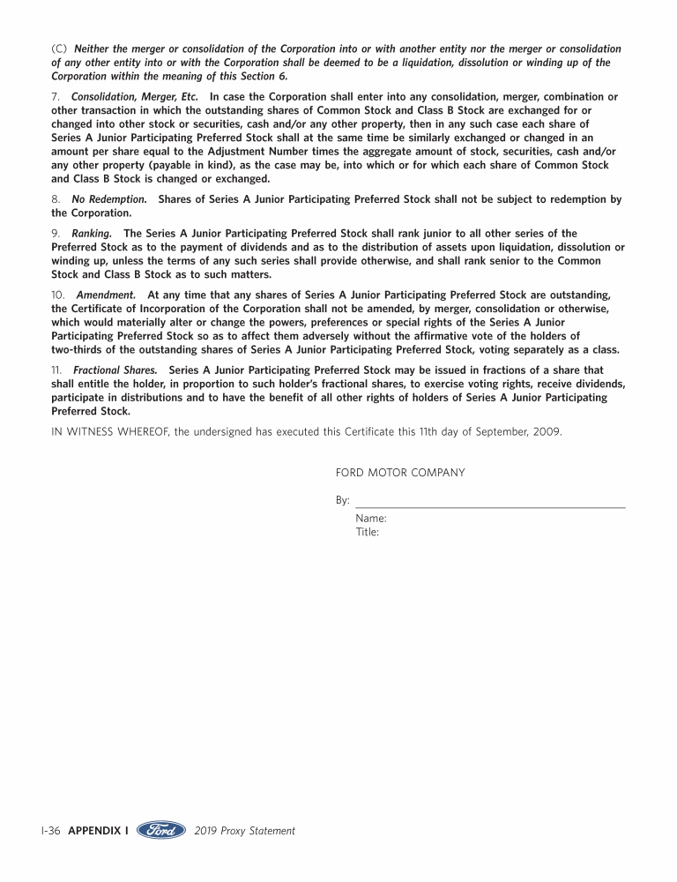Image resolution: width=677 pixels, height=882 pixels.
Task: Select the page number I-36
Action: [49, 831]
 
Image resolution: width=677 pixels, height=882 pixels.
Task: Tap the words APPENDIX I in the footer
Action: [98, 831]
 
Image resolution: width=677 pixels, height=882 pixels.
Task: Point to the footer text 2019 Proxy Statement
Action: [244, 831]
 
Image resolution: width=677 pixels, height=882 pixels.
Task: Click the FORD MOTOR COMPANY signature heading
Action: [399, 473]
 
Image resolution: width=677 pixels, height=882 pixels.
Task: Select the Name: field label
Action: [371, 519]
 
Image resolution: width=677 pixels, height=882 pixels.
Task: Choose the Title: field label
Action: [368, 532]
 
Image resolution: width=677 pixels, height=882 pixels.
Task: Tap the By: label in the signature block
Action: [342, 500]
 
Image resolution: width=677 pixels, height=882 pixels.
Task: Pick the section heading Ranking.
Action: [92, 234]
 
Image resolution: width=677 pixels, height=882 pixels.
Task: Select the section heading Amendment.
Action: [106, 295]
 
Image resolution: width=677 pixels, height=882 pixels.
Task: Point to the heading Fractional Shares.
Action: [115, 370]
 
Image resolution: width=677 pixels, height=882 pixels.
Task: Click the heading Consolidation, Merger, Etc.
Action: [135, 96]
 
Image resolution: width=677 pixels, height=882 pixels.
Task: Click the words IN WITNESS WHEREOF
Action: [110, 431]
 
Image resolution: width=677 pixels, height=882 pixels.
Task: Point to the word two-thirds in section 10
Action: [78, 348]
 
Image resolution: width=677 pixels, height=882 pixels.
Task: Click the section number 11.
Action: [56, 370]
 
